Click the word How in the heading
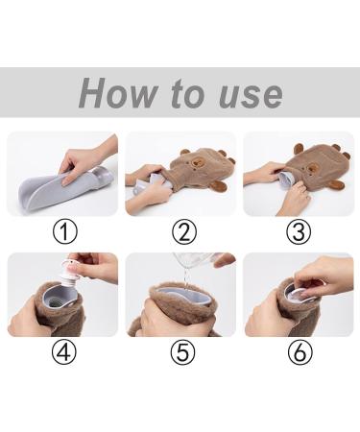click(x=118, y=93)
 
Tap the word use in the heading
click(x=252, y=95)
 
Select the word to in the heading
click(x=188, y=94)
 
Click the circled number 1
click(x=65, y=232)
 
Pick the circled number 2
click(x=184, y=232)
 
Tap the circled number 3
click(x=299, y=232)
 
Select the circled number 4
click(x=64, y=351)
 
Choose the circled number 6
click(x=300, y=351)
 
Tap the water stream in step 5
click(x=185, y=277)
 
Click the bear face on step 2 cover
click(x=197, y=163)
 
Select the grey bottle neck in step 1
click(x=103, y=177)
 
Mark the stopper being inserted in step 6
click(x=300, y=295)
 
